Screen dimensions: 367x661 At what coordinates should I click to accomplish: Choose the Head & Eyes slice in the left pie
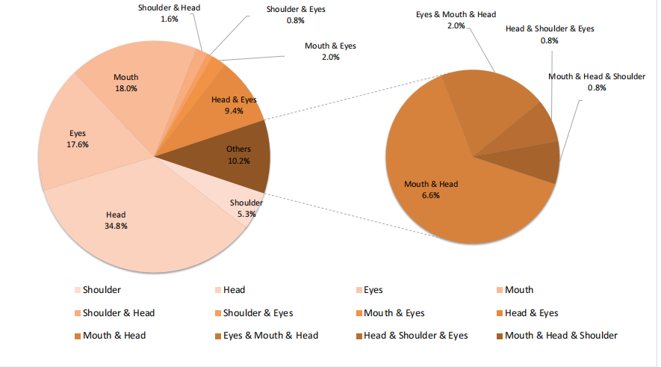coord(232,105)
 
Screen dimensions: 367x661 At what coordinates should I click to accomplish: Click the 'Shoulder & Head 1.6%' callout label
coord(169,13)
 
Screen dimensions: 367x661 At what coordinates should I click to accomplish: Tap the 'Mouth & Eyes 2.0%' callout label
coord(330,51)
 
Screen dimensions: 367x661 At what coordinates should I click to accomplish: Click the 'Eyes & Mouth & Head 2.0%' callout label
coord(456,19)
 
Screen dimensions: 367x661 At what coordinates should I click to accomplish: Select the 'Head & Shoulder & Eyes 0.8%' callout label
coord(550,34)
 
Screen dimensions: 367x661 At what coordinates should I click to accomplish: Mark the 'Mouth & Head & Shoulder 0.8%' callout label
coord(597,81)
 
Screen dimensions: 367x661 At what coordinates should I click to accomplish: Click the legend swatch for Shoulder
coord(78,290)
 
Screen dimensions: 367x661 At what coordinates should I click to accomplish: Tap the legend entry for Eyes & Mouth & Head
coord(266,336)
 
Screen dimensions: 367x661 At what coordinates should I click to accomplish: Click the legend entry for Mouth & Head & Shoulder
coord(561,336)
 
